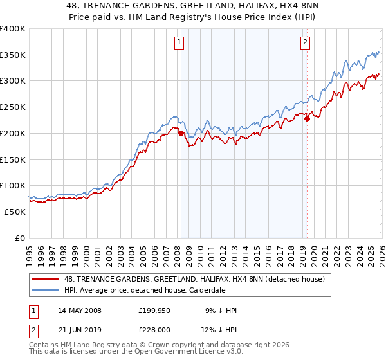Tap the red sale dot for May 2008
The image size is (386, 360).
tap(181, 134)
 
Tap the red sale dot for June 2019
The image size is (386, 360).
tap(308, 118)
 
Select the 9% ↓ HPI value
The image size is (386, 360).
tap(221, 310)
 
